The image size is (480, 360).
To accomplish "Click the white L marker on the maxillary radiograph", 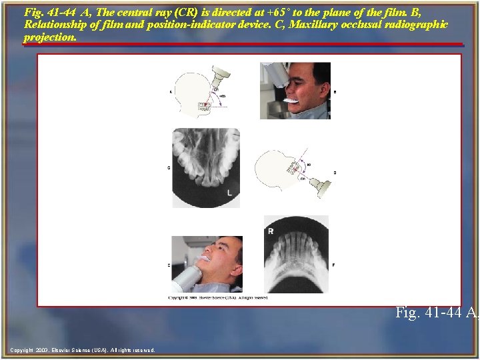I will tap(230, 193).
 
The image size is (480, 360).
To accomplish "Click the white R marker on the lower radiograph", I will tap(271, 231).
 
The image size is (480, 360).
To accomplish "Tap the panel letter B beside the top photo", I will tap(334, 91).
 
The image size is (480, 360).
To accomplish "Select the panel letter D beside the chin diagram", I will tap(334, 173).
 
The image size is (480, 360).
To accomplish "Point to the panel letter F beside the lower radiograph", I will tap(333, 265).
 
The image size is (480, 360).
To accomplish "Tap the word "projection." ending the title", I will tap(50, 37).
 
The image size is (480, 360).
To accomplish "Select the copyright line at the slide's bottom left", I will tap(83, 350).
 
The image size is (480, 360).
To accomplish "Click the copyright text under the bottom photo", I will tap(218, 297).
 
